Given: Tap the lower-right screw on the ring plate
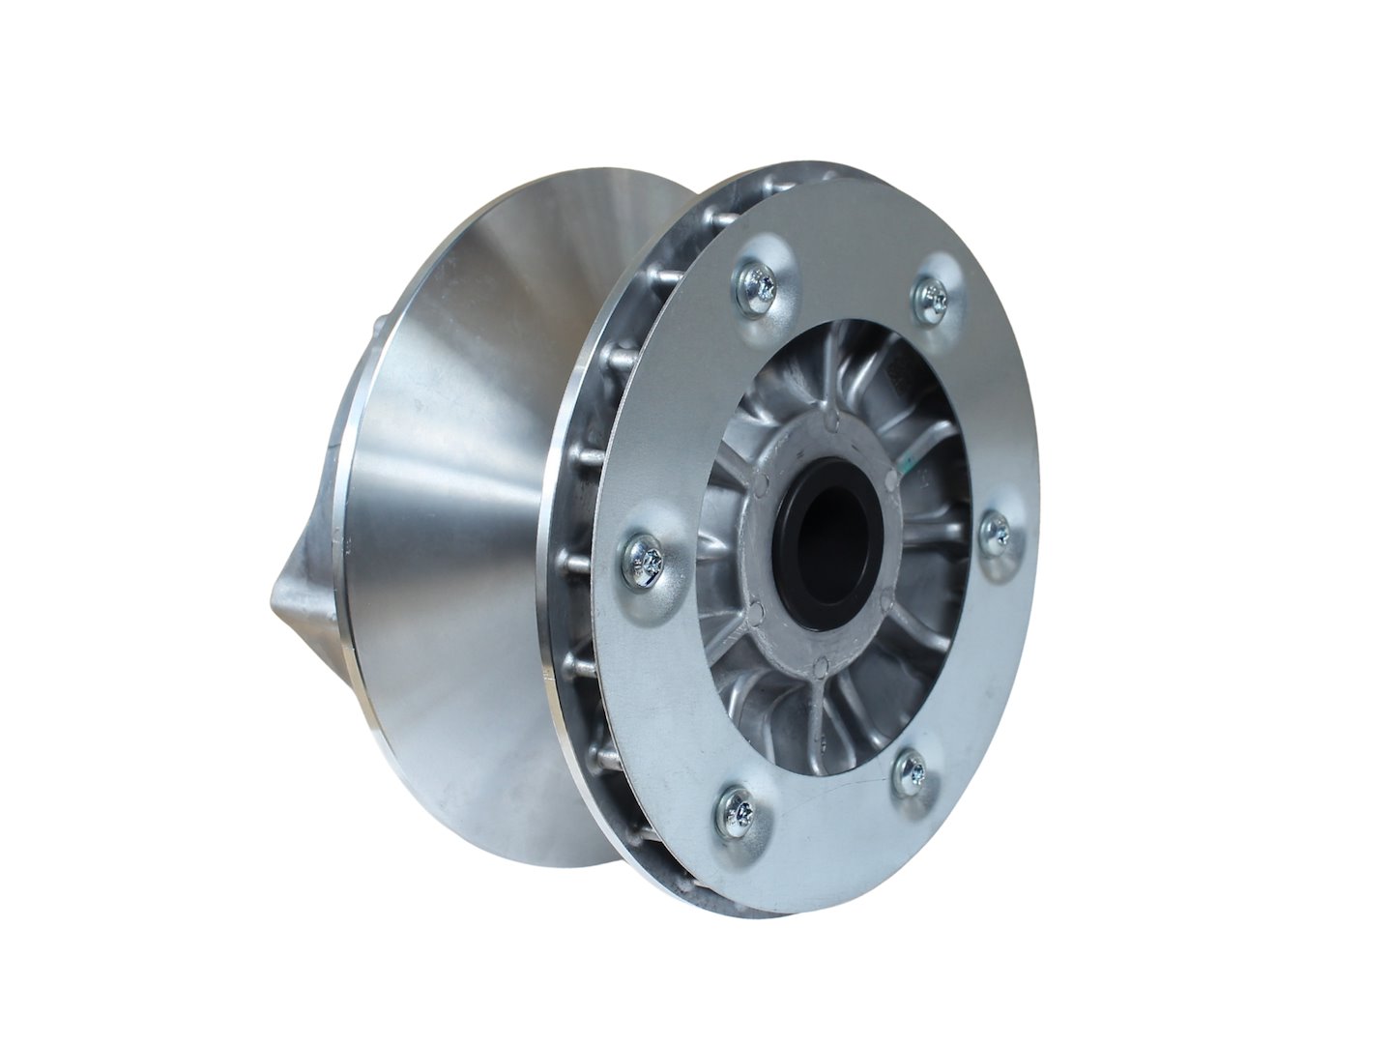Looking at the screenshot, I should pyautogui.click(x=909, y=770).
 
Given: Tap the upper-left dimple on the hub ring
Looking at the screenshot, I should pyautogui.click(x=763, y=480).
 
